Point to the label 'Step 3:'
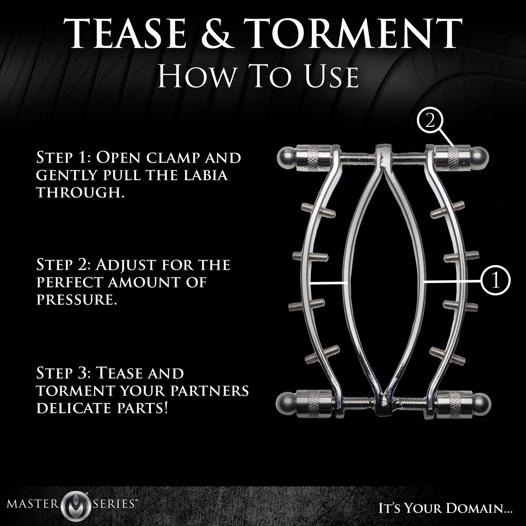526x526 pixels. click(x=64, y=373)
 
